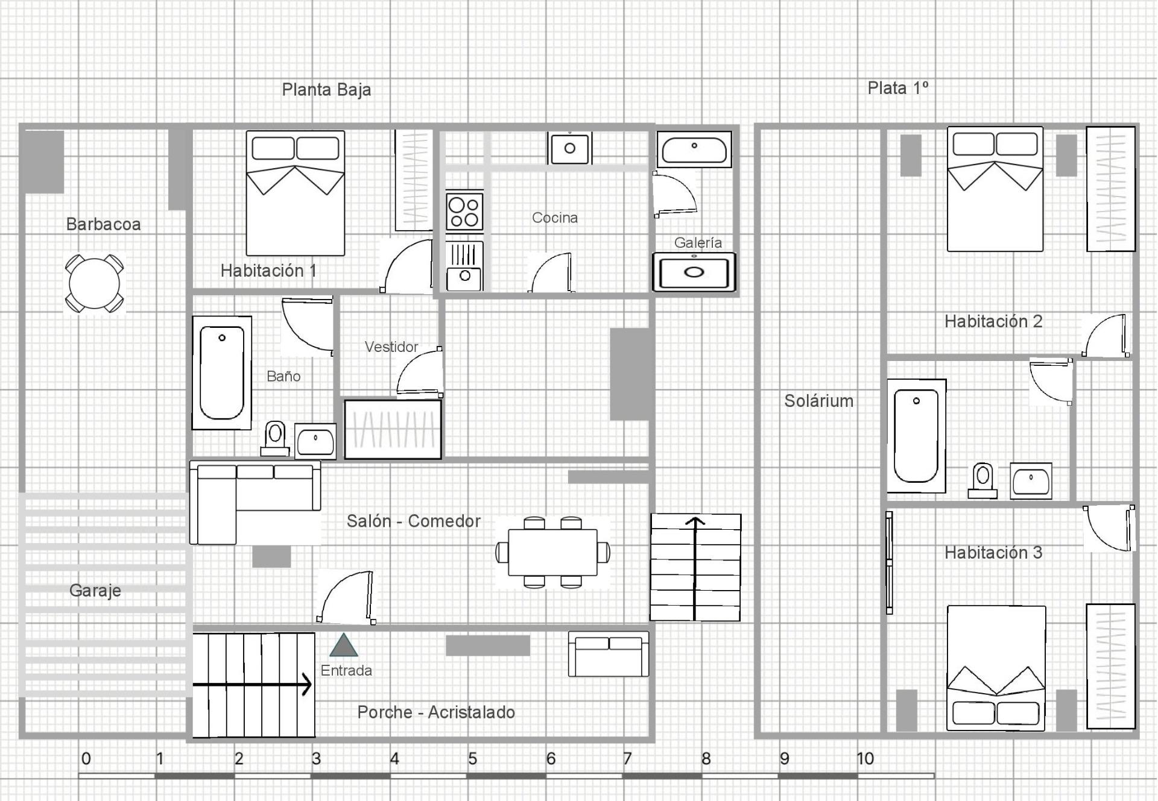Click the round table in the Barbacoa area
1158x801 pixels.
95,283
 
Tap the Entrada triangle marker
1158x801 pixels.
344,645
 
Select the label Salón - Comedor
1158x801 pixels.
414,521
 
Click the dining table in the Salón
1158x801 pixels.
552,552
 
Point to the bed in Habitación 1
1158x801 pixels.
296,193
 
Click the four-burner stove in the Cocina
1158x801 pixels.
464,212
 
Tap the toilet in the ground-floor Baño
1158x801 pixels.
275,438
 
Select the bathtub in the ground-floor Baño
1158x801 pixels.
222,372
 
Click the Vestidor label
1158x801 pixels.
391,347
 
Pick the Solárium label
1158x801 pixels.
818,401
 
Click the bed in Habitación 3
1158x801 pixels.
996,668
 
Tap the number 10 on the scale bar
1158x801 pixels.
865,758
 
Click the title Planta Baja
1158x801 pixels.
326,90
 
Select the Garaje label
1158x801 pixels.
95,591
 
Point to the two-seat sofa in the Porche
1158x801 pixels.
609,654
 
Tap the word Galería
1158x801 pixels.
698,242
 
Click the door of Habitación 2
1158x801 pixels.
1106,335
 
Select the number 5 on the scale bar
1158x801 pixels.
473,758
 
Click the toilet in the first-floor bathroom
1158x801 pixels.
982,480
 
